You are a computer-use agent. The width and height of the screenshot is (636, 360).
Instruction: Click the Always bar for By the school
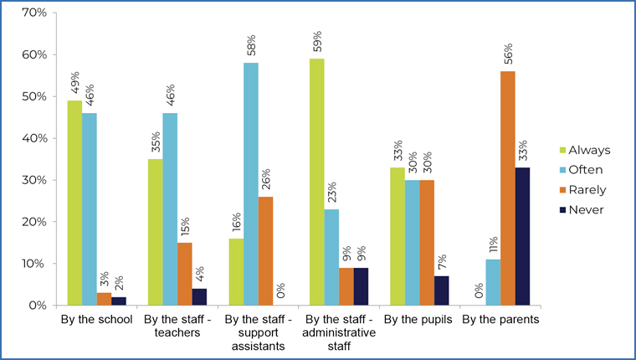(x=75, y=203)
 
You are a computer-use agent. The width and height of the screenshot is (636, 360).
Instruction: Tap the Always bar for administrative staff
(x=317, y=182)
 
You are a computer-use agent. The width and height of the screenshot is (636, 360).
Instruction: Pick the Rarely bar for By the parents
(x=508, y=188)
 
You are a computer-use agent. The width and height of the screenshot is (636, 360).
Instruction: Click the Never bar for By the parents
(x=522, y=236)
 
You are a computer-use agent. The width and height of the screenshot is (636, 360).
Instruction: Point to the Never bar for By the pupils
(x=442, y=291)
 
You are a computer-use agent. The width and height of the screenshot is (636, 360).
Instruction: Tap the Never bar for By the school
(x=118, y=301)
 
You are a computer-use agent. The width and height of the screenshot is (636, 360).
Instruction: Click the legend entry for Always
(x=589, y=150)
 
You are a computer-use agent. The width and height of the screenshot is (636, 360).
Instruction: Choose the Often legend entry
(x=587, y=169)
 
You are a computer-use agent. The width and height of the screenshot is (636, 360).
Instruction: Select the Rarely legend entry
(x=587, y=189)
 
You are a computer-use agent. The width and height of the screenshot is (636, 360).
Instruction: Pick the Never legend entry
(x=587, y=208)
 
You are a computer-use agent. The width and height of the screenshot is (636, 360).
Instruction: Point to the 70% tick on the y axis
(x=34, y=13)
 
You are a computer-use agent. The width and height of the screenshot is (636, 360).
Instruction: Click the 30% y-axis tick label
(x=34, y=180)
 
